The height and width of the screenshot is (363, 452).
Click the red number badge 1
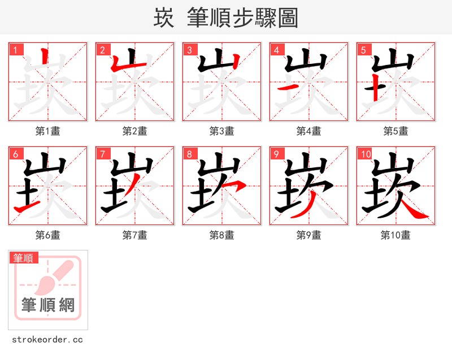15,50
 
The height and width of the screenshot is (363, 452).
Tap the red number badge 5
363,50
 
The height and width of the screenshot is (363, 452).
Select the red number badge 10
365,154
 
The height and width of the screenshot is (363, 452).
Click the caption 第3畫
221,131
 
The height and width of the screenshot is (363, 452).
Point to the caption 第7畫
134,235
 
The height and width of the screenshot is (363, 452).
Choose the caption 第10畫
395,235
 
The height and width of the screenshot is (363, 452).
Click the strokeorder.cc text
47,340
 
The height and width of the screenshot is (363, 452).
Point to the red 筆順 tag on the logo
24,258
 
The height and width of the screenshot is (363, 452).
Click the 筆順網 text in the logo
48,305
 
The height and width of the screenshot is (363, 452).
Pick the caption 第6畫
47,235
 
